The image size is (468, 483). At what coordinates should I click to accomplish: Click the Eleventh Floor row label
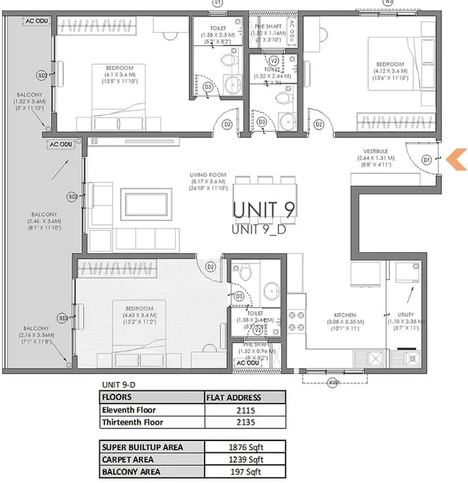coord(129,410)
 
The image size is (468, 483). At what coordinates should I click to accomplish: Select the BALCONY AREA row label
coord(131,472)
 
